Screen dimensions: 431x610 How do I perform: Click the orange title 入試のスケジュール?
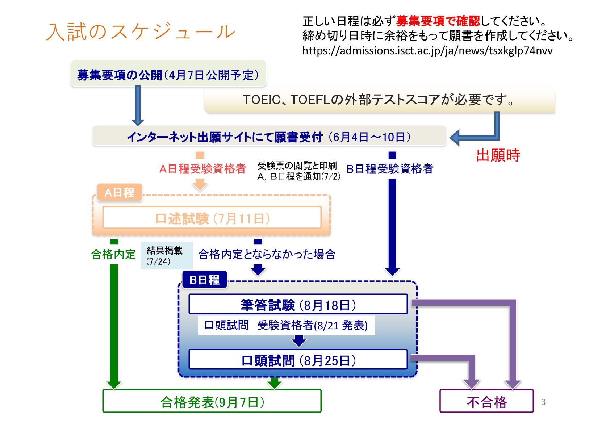(141, 32)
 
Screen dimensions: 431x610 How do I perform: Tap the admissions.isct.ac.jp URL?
(427, 50)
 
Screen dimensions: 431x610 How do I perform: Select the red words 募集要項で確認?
(438, 21)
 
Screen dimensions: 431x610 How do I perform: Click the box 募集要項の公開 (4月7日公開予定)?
(168, 75)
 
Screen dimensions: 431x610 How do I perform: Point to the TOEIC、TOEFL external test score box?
(379, 100)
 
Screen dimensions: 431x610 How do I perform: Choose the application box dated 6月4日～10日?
(269, 137)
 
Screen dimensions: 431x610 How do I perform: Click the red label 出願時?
(498, 155)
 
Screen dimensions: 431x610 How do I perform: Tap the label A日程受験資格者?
(202, 169)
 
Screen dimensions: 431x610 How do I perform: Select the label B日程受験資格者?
(390, 169)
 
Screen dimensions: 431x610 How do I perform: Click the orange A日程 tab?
(119, 192)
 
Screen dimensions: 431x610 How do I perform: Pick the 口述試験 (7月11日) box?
(212, 218)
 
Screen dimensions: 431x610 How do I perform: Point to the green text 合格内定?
(113, 254)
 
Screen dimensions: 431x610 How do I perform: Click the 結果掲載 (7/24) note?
(165, 256)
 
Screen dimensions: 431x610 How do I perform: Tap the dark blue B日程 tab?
(204, 280)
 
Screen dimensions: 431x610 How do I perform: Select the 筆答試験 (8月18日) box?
(298, 305)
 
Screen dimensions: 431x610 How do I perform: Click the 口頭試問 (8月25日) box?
(298, 360)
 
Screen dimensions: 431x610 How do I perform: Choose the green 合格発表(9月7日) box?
(212, 402)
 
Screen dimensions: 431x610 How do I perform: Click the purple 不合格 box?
(486, 402)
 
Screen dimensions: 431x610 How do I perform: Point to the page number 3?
(543, 402)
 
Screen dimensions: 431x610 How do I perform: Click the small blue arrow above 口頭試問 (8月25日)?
(299, 340)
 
